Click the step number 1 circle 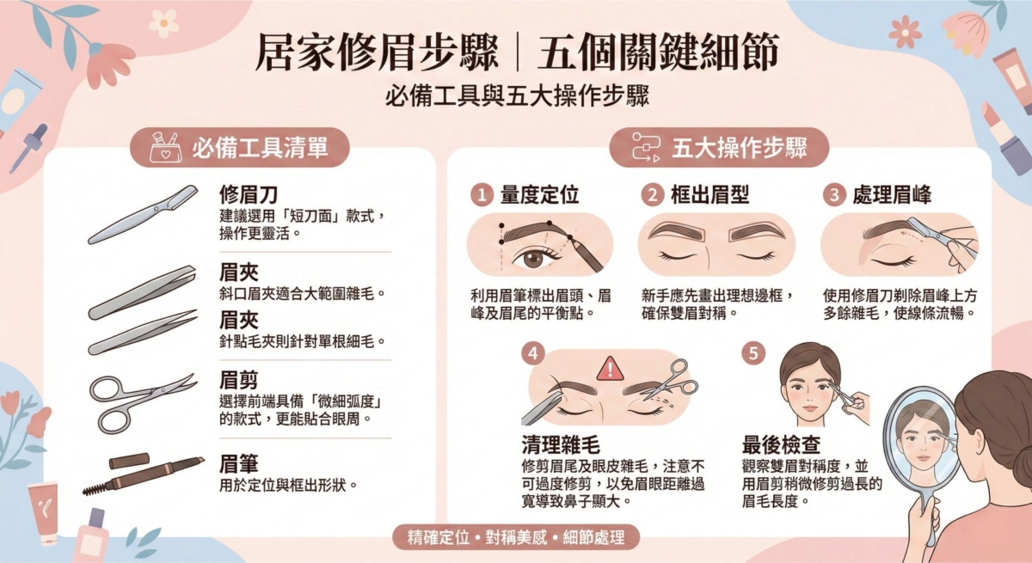click(482, 195)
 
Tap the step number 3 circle click(833, 195)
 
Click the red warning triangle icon click(609, 368)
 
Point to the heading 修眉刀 click(249, 193)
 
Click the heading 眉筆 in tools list click(239, 465)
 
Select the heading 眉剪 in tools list click(239, 380)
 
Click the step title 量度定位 click(539, 195)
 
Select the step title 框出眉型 click(709, 195)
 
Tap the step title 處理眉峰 click(892, 195)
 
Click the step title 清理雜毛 click(561, 444)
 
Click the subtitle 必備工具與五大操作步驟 click(516, 96)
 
